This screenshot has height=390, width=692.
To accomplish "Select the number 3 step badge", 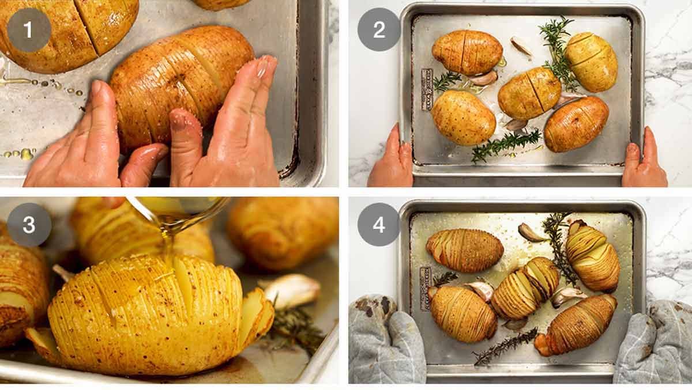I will pos(29,225).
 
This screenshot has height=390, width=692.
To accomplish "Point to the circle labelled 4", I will pos(379,225).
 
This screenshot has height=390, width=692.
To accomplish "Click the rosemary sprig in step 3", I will pos(294,328).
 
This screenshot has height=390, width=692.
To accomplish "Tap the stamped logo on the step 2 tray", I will pos(427,89).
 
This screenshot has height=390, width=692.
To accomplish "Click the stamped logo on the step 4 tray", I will pos(426,289).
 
